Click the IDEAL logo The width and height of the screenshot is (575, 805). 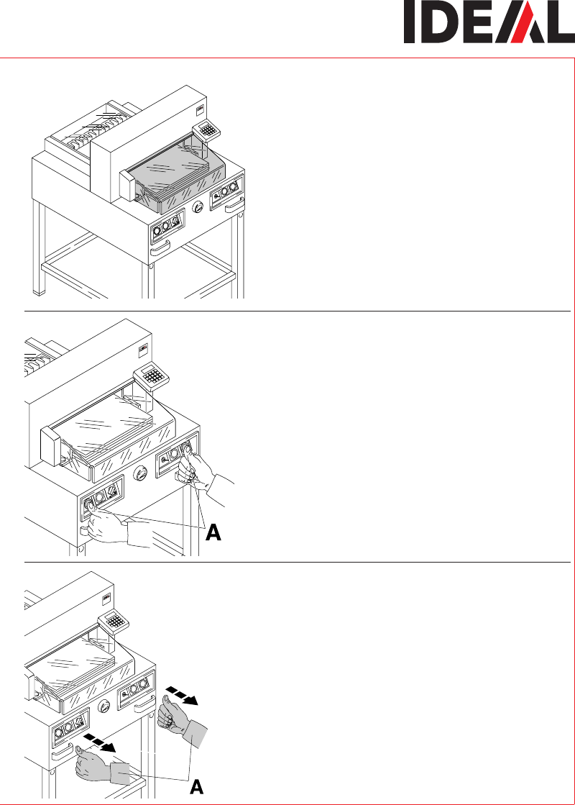[x=489, y=22]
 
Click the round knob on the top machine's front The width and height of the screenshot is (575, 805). [x=198, y=207]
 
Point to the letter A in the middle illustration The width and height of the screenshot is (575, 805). [x=213, y=533]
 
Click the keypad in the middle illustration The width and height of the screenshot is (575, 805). [x=152, y=377]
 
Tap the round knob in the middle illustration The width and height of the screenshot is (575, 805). [x=140, y=473]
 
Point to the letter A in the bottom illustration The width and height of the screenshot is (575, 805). [x=196, y=787]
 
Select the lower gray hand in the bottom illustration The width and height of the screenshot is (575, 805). [x=103, y=767]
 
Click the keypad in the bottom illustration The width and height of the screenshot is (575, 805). [x=113, y=622]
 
